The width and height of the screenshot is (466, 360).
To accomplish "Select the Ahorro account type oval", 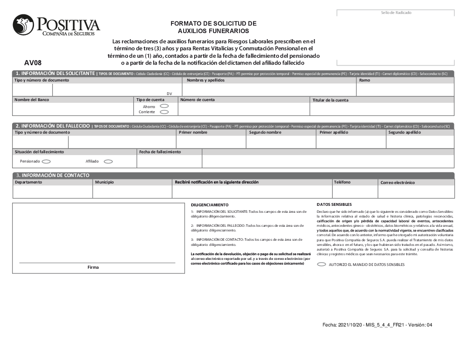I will pyautogui.click(x=164, y=106).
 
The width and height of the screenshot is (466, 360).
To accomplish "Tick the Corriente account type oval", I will pyautogui.click(x=164, y=112).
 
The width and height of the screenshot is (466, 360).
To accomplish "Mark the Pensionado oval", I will pyautogui.click(x=46, y=162).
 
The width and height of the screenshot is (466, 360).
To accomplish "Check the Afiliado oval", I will pyautogui.click(x=108, y=162).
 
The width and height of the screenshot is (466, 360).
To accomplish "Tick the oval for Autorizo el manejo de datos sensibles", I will pyautogui.click(x=322, y=264).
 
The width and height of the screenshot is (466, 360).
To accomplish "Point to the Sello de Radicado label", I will pyautogui.click(x=396, y=13).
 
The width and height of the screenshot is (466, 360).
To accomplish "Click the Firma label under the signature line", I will pyautogui.click(x=93, y=267).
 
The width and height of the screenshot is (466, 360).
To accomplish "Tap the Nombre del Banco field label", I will pyautogui.click(x=32, y=100).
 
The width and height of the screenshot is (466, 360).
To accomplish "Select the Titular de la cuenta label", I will pyautogui.click(x=330, y=100).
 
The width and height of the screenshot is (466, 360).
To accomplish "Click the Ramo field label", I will pyautogui.click(x=364, y=80).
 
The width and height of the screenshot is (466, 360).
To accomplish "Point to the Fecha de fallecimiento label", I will pyautogui.click(x=160, y=152).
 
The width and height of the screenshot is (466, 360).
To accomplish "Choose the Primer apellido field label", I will pyautogui.click(x=334, y=132).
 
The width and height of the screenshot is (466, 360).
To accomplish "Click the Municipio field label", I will pyautogui.click(x=104, y=182).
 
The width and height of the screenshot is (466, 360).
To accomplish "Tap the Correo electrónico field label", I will pyautogui.click(x=397, y=183).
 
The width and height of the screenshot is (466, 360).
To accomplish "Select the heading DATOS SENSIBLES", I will pyautogui.click(x=334, y=204).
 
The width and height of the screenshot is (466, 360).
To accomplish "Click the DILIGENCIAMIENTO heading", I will pyautogui.click(x=210, y=205).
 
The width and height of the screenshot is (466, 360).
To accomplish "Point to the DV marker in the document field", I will pyautogui.click(x=169, y=94).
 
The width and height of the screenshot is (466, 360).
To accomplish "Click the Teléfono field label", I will pyautogui.click(x=342, y=182).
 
